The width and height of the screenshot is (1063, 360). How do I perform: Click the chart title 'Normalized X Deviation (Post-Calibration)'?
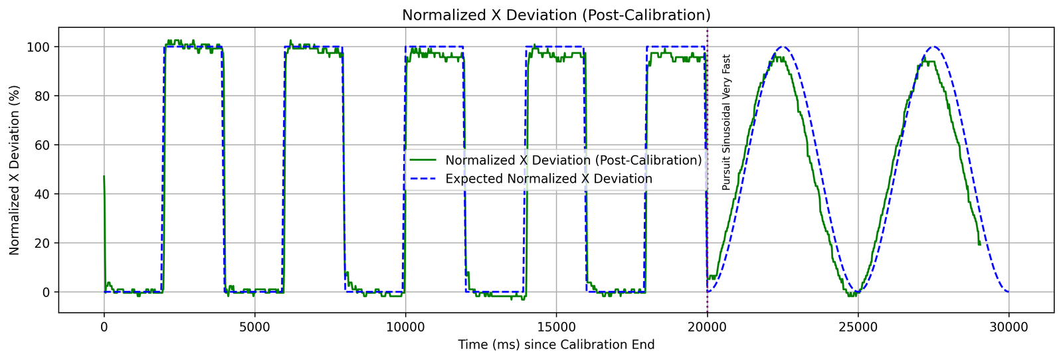click(555, 15)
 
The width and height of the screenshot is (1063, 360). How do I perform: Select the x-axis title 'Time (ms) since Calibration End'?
click(555, 345)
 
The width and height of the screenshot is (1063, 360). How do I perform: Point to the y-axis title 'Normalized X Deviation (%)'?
click(15, 169)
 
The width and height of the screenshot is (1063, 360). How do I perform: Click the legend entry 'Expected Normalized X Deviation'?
click(548, 179)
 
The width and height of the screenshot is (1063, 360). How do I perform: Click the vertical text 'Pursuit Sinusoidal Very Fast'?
click(726, 123)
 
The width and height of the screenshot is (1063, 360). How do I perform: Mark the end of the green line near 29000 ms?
click(979, 244)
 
